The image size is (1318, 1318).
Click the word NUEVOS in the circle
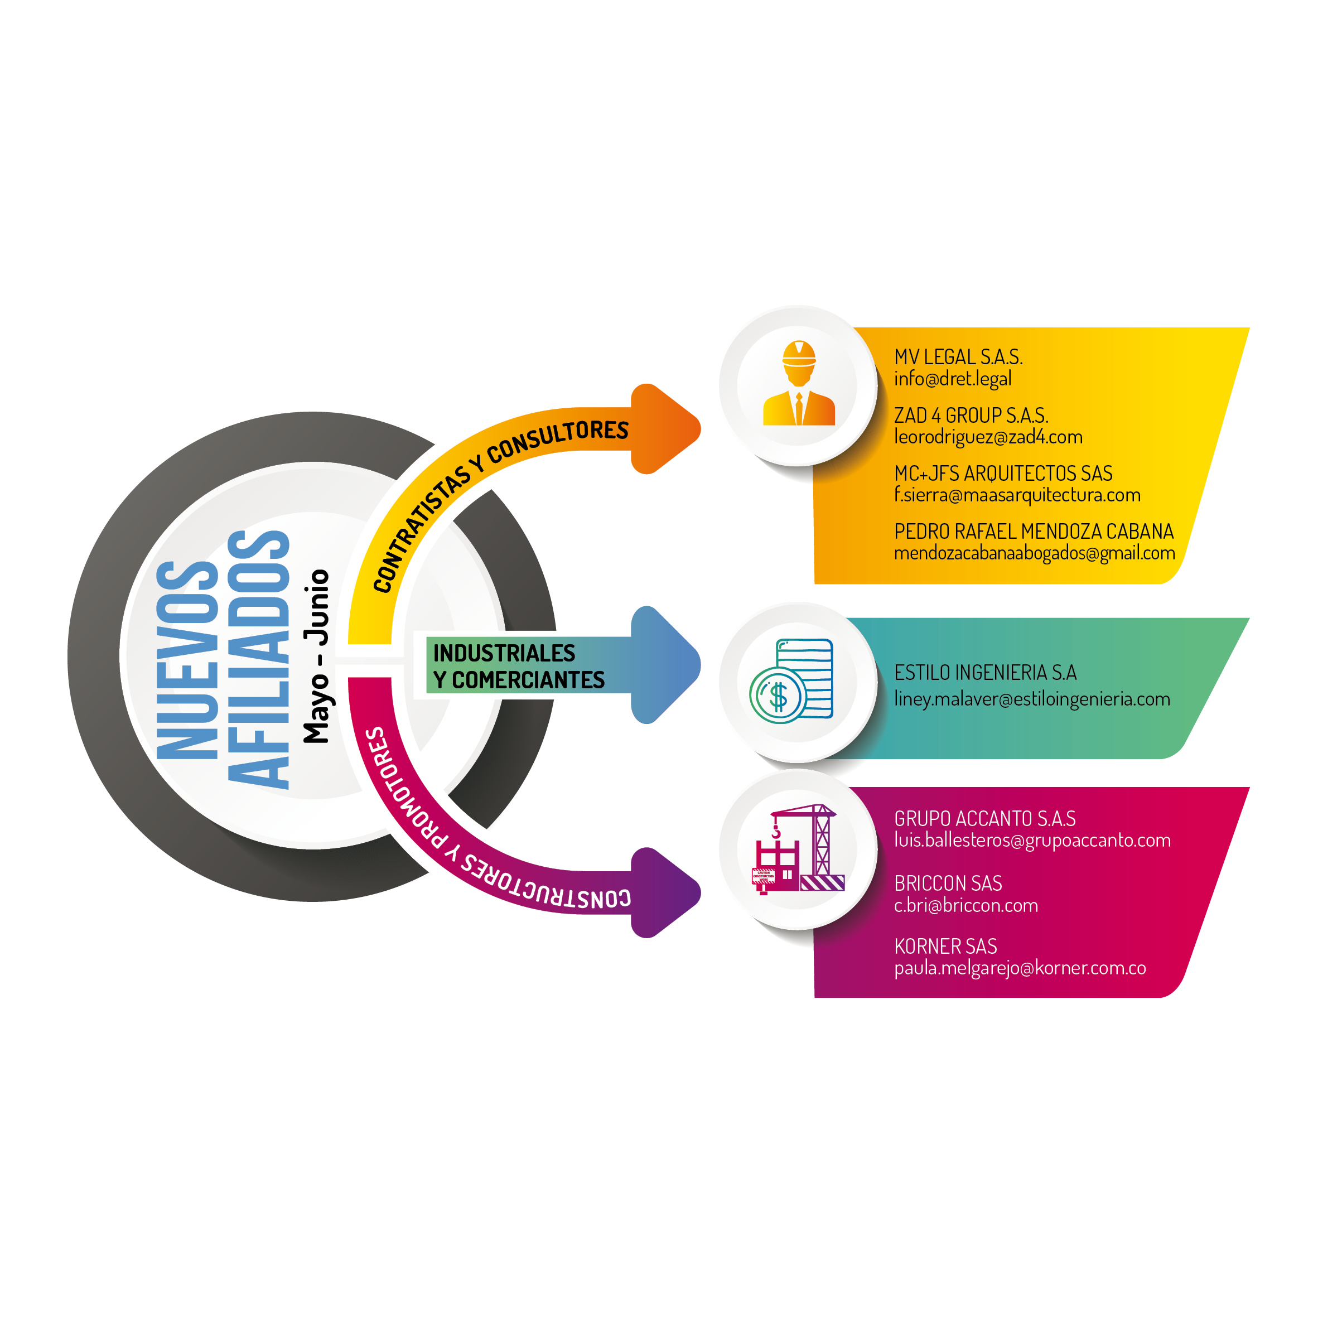click(187, 660)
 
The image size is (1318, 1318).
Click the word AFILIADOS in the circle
click(259, 660)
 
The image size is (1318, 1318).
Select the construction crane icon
click(799, 849)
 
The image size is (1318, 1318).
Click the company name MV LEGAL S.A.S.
click(958, 357)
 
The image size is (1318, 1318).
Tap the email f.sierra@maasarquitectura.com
click(1017, 495)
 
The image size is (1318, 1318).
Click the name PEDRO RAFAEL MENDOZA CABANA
click(1034, 532)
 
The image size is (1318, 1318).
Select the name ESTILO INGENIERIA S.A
click(986, 673)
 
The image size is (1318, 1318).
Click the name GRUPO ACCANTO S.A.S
click(985, 819)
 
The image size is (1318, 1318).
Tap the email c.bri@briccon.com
click(966, 905)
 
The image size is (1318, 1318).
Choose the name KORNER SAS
click(945, 946)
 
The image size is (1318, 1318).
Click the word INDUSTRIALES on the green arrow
click(504, 653)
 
